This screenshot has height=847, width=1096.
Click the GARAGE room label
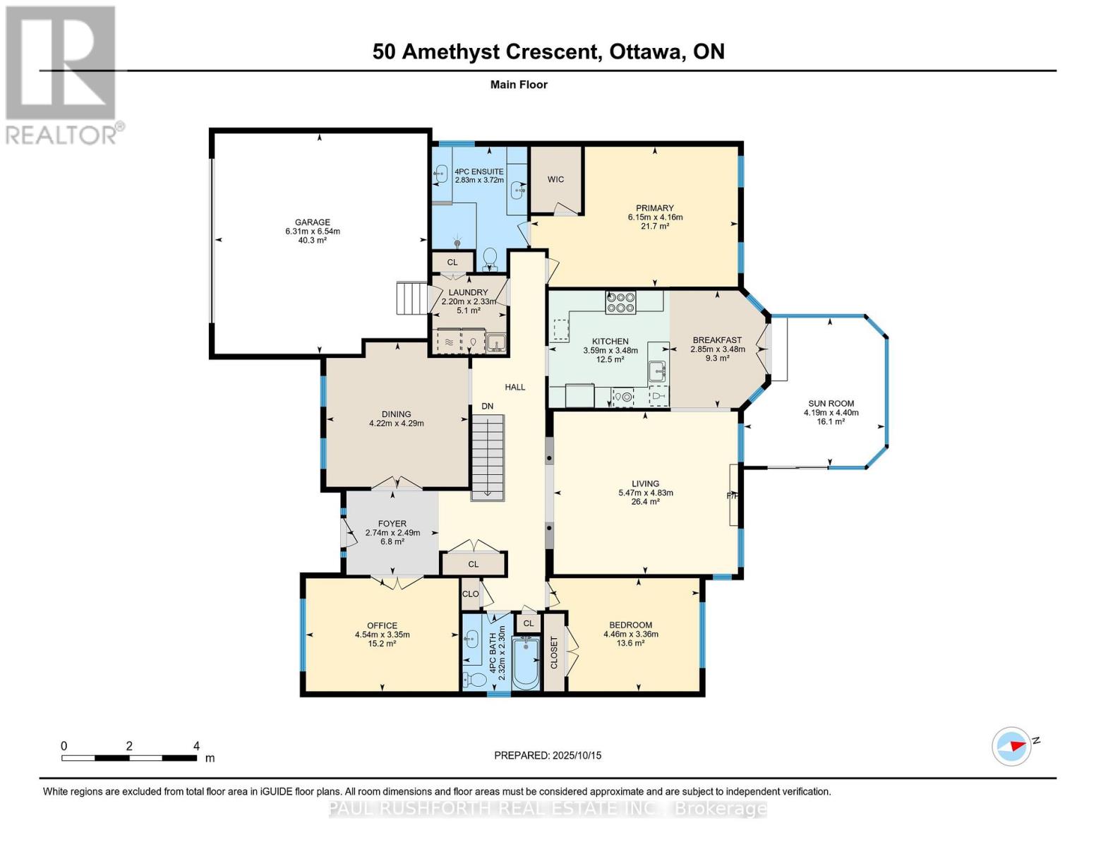tap(312, 222)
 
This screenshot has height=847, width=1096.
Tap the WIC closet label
tap(555, 179)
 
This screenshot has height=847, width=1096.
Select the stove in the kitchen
tap(620, 302)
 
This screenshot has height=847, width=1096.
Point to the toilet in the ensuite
tap(490, 258)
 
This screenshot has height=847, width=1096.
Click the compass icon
tap(1011, 747)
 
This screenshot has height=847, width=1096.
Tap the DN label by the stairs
tap(487, 406)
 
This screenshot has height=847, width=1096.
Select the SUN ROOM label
tap(831, 403)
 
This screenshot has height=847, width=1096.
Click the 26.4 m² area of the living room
tap(645, 501)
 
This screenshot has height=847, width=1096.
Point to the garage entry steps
tap(411, 298)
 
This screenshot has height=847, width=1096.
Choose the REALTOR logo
tap(62, 76)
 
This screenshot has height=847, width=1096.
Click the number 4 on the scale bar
tap(196, 746)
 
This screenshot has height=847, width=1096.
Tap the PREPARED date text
tap(548, 755)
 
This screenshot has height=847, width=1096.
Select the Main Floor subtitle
tap(519, 85)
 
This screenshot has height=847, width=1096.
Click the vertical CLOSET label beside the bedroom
tap(554, 652)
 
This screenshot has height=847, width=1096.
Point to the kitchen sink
tap(657, 372)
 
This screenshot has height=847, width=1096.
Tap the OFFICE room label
tap(382, 625)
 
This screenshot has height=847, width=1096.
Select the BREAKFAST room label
tap(717, 340)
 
